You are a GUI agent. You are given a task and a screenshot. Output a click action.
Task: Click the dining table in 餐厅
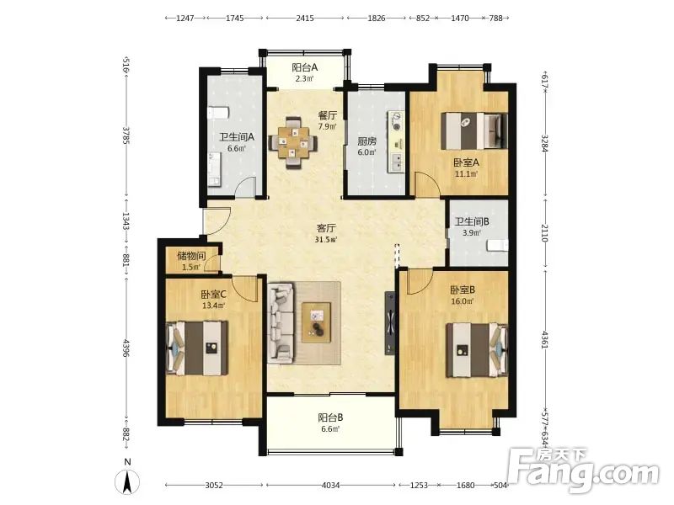pos(293,142)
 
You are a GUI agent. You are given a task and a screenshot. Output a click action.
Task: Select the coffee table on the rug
pos(317,322)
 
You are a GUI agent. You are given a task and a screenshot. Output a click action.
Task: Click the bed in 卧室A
pos(474,130)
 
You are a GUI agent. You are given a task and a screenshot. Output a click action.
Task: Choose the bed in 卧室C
pos(197,348)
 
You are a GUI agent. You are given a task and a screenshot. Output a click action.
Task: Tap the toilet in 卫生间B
pos(497,246)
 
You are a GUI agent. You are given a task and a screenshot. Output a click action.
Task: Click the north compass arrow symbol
pos(127,481)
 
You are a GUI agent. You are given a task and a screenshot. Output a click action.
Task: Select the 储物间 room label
pos(191,256)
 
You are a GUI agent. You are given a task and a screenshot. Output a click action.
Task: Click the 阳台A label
pos(304,67)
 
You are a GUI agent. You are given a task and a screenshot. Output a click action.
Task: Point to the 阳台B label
pos(330,417)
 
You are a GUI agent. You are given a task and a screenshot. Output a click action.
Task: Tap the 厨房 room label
pos(366,141)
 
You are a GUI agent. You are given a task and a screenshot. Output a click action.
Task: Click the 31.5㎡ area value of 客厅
pos(325,240)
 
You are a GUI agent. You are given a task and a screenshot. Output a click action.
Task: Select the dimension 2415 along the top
pos(305,18)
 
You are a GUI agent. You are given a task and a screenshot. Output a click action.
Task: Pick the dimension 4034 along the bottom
pos(331,486)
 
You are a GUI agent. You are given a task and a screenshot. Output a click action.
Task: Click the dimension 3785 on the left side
pos(126,135)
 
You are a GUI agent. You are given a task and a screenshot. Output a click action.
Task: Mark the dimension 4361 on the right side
pos(544,339)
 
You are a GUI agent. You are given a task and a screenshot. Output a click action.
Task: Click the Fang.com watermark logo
pos(583,471)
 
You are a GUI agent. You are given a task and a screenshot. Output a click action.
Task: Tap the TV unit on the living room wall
pos(390,323)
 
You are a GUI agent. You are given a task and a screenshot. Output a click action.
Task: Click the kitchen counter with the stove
pos(396,141)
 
